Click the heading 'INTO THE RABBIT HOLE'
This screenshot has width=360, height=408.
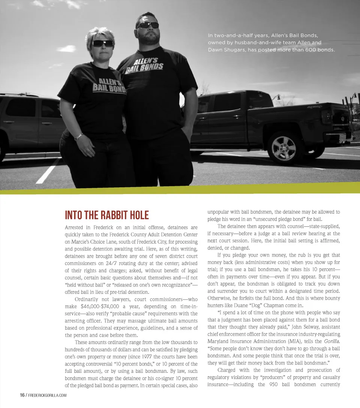coord(107,215)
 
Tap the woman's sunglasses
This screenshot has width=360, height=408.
coord(103,43)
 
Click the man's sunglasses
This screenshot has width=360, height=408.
coord(147,25)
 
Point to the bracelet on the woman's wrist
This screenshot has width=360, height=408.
coord(78,137)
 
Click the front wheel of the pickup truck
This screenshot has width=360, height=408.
coord(284,148)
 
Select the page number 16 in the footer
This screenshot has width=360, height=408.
coord(22,395)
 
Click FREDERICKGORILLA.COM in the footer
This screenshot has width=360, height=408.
coord(48,395)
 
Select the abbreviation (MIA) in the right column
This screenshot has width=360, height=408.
coord(294,341)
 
